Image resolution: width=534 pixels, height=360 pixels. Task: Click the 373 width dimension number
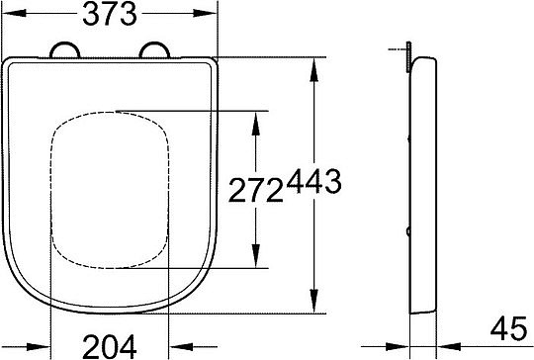(111, 15)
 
